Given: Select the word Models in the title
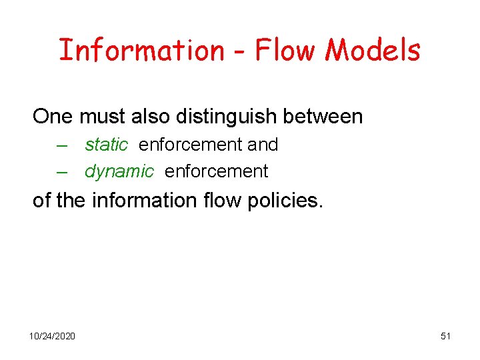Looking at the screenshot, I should pyautogui.click(x=375, y=50).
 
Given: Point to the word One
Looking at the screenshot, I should pyautogui.click(x=53, y=117).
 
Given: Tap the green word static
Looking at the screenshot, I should pyautogui.click(x=106, y=144).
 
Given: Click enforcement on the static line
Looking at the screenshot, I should pyautogui.click(x=190, y=144).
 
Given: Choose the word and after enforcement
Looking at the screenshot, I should pyautogui.click(x=263, y=144).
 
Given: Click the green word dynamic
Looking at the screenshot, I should pyautogui.click(x=119, y=171).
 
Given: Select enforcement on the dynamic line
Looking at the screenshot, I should pyautogui.click(x=216, y=171).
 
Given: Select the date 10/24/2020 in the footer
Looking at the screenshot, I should pyautogui.click(x=52, y=335).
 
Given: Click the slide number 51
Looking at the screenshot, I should pyautogui.click(x=445, y=335).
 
